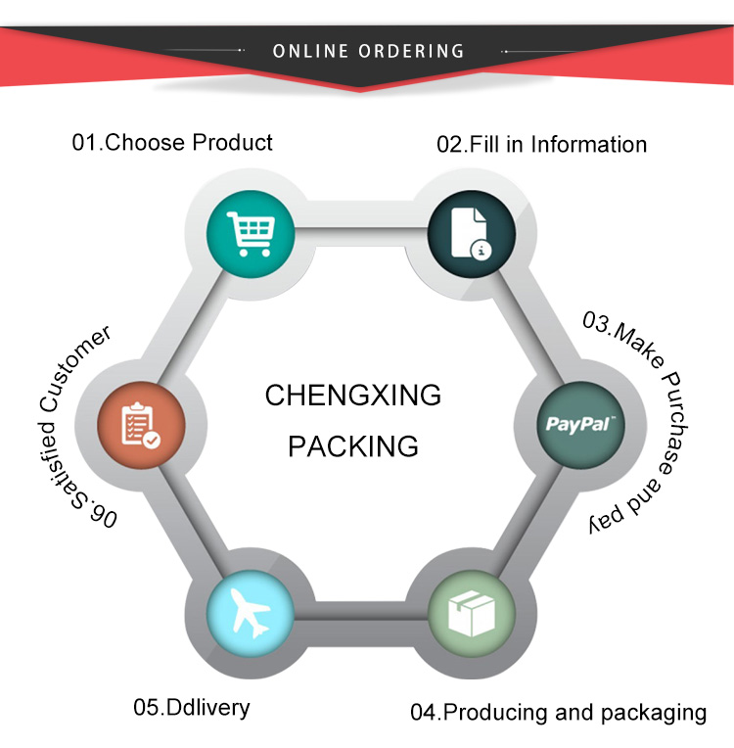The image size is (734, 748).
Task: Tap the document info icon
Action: click(470, 235)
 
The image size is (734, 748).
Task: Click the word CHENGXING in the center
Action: click(353, 397)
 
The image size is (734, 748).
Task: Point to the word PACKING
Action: click(353, 446)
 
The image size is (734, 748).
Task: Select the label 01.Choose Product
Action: click(172, 142)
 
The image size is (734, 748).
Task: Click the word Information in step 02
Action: click(587, 145)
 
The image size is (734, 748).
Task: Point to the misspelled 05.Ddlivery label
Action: click(192, 707)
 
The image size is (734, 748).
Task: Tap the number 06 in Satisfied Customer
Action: click(103, 514)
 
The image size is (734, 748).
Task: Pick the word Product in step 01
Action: click(232, 142)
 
